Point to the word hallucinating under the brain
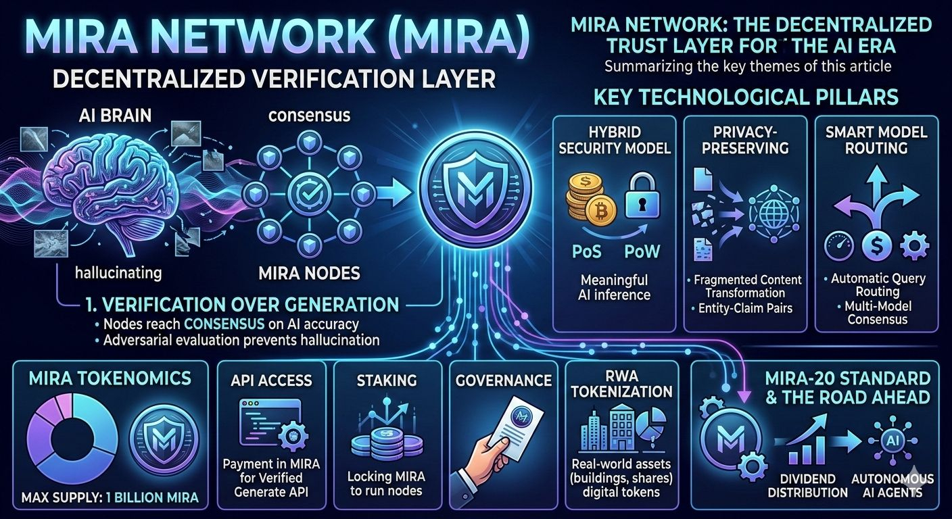coord(119,272)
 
